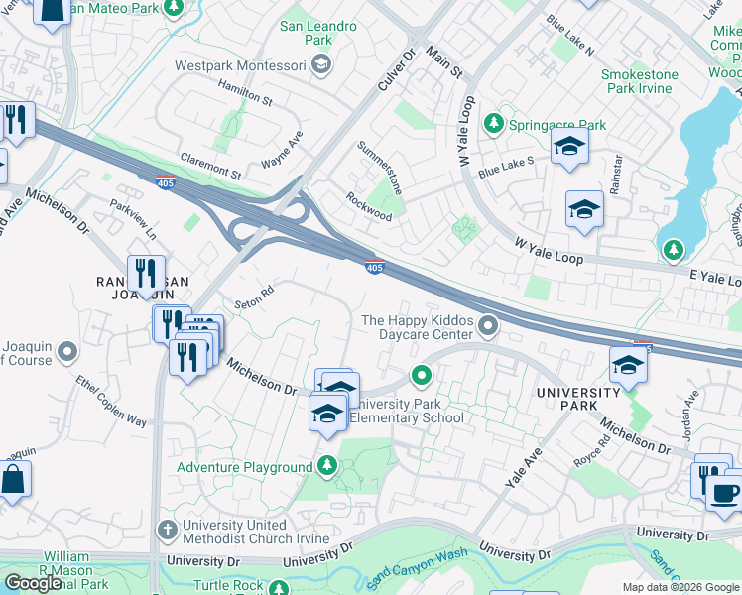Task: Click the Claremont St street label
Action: click(x=210, y=165)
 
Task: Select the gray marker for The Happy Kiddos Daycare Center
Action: click(x=487, y=325)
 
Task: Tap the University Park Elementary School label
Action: click(x=408, y=411)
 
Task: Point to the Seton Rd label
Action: click(x=253, y=297)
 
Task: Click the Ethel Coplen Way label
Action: click(x=111, y=402)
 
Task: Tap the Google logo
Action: click(x=33, y=583)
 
